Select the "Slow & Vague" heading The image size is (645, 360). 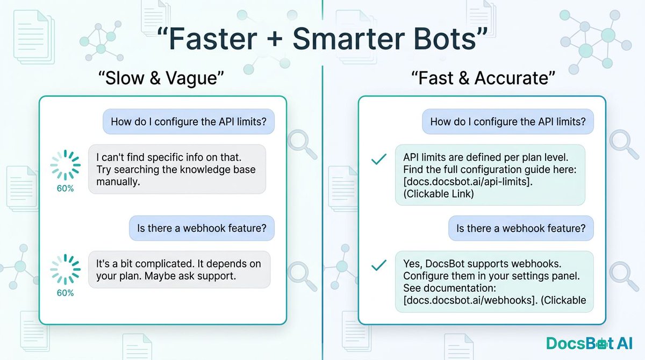pyautogui.click(x=161, y=78)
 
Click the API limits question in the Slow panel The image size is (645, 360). pyautogui.click(x=188, y=122)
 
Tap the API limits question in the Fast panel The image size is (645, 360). pyautogui.click(x=508, y=122)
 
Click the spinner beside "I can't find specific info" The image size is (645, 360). pyautogui.click(x=65, y=164)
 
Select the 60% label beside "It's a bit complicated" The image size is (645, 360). pyautogui.click(x=65, y=293)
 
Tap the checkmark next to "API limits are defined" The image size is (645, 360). pyautogui.click(x=379, y=160)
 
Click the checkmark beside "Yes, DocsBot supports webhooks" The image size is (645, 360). pyautogui.click(x=379, y=265)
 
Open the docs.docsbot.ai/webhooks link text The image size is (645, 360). pyautogui.click(x=467, y=300)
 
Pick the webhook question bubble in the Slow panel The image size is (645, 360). pyautogui.click(x=202, y=228)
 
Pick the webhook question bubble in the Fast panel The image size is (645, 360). pyautogui.click(x=521, y=228)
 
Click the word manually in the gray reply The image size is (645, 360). pyautogui.click(x=118, y=182)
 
